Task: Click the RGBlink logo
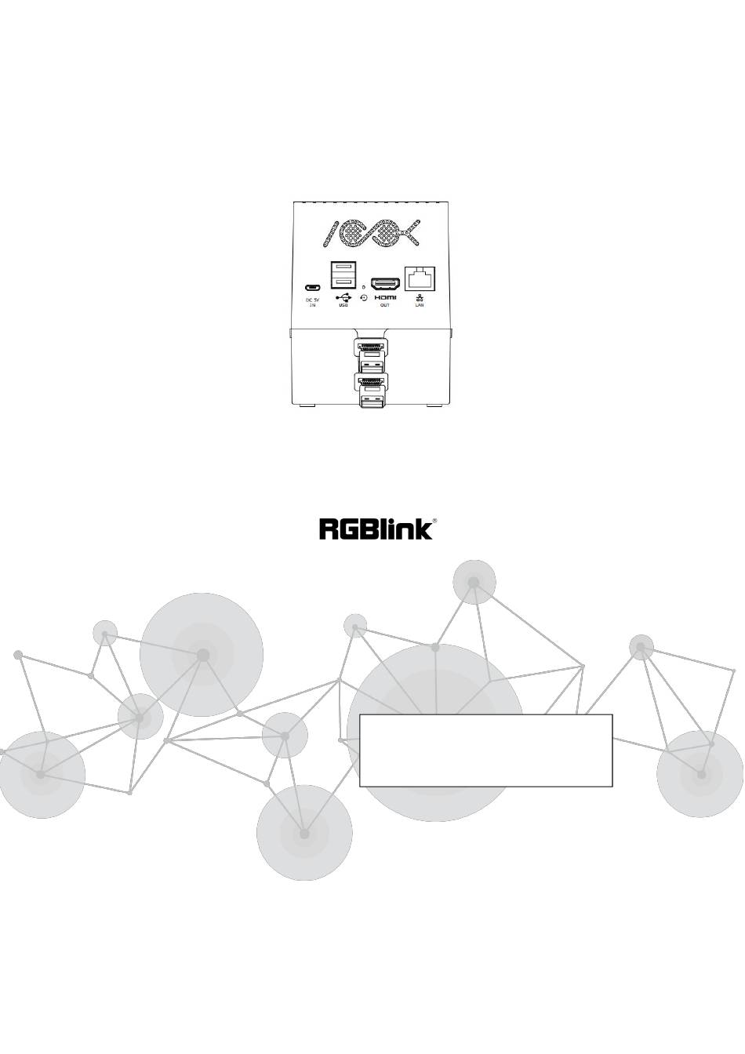tap(375, 529)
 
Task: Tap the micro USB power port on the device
tap(311, 286)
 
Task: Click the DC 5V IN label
tap(311, 302)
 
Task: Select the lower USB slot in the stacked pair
tap(343, 282)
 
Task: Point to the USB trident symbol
tap(343, 297)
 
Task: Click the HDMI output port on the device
tap(384, 283)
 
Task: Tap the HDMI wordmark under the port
tap(384, 297)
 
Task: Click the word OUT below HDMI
tap(384, 305)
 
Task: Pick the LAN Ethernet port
tap(419, 278)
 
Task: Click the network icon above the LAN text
tap(419, 297)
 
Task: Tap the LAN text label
tap(419, 305)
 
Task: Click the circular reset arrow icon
tap(363, 298)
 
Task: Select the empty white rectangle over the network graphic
tap(485, 750)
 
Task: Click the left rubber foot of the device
tap(307, 405)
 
